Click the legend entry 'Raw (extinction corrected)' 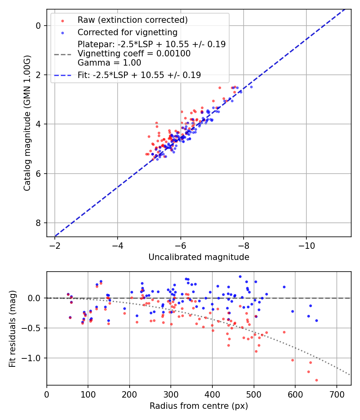coord(132,20)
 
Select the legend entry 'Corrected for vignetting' coord(127,32)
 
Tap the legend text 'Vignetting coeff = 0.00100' coord(134,54)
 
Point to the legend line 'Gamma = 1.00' coord(109,63)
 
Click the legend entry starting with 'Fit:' coord(139,75)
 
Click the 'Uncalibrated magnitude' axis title coord(199,257)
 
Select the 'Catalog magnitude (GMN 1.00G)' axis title coord(27,123)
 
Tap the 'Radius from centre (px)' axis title coord(199,406)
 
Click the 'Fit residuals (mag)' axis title coord(12,328)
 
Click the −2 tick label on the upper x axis coord(55,244)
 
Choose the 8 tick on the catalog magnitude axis coord(38,223)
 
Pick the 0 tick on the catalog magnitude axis coord(38,26)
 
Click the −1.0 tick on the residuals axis coord(32,358)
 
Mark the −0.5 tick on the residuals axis coord(32,328)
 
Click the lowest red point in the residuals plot coord(316,380)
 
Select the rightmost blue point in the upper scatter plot coord(251,87)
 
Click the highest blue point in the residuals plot coord(240,276)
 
